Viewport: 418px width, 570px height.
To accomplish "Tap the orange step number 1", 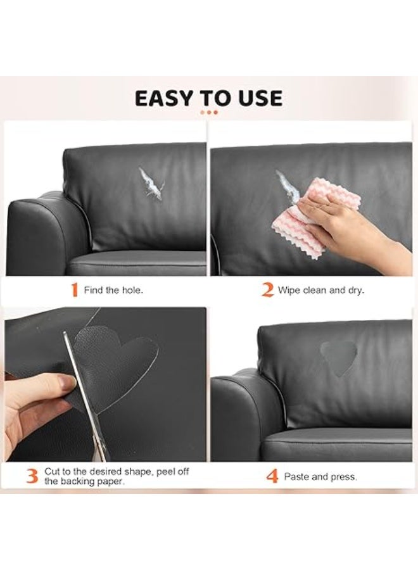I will [x=75, y=291].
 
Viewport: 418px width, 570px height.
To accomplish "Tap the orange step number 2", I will [x=267, y=291].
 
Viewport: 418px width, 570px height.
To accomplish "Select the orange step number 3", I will [x=32, y=476].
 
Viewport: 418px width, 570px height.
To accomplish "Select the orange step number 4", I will [x=272, y=476].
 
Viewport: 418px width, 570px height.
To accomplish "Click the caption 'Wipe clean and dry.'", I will [x=321, y=291].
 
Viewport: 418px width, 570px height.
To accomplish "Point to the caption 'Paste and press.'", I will [x=320, y=476].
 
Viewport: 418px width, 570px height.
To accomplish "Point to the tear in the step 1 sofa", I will [x=151, y=183].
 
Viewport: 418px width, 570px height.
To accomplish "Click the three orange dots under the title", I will [x=208, y=112].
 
